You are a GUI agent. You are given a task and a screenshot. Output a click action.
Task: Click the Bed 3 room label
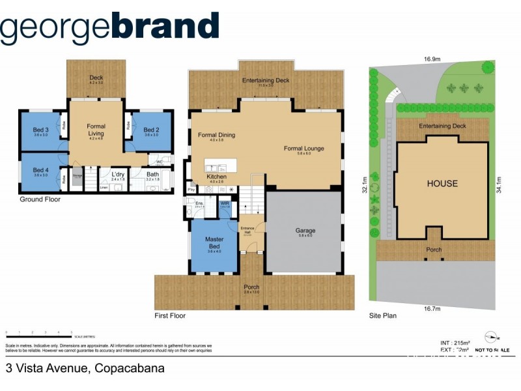[40, 130]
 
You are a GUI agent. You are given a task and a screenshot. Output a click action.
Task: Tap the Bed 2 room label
[151, 130]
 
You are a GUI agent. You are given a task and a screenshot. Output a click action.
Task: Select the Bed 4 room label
[40, 170]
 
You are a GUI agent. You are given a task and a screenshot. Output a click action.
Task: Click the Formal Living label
[96, 130]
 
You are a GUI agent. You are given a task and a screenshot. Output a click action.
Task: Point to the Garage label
[305, 231]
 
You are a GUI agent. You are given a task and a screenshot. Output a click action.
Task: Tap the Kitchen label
[217, 177]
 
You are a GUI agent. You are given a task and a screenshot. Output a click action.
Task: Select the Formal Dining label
[216, 136]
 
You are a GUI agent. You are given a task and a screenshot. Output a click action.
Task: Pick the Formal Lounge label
[303, 149]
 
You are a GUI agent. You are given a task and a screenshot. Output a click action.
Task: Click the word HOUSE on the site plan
[442, 184]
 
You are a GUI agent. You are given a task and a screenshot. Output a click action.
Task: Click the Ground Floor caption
[40, 199]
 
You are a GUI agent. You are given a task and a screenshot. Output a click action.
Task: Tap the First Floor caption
[170, 315]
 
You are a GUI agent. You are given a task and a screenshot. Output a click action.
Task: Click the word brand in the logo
[165, 27]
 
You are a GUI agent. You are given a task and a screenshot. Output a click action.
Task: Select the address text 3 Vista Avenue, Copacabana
[85, 368]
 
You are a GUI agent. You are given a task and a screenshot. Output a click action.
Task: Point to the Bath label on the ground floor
[152, 175]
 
